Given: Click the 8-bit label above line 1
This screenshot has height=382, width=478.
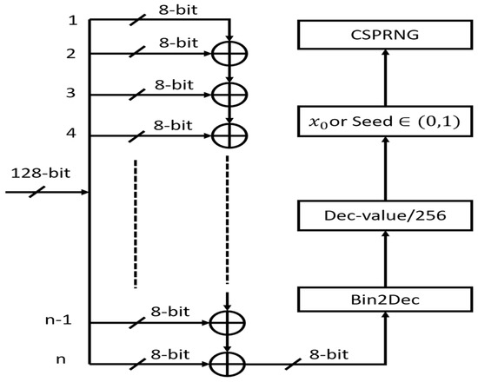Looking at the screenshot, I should click(169, 9).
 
